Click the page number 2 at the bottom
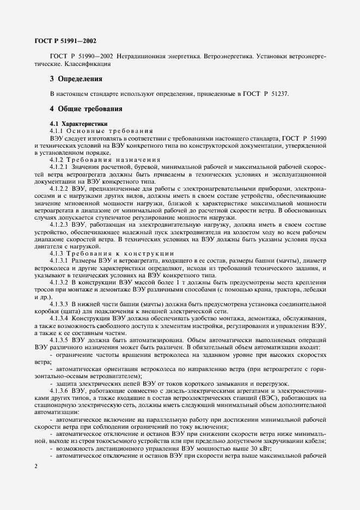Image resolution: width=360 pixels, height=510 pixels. point(35,466)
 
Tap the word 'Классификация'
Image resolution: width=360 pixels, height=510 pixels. point(88,64)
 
